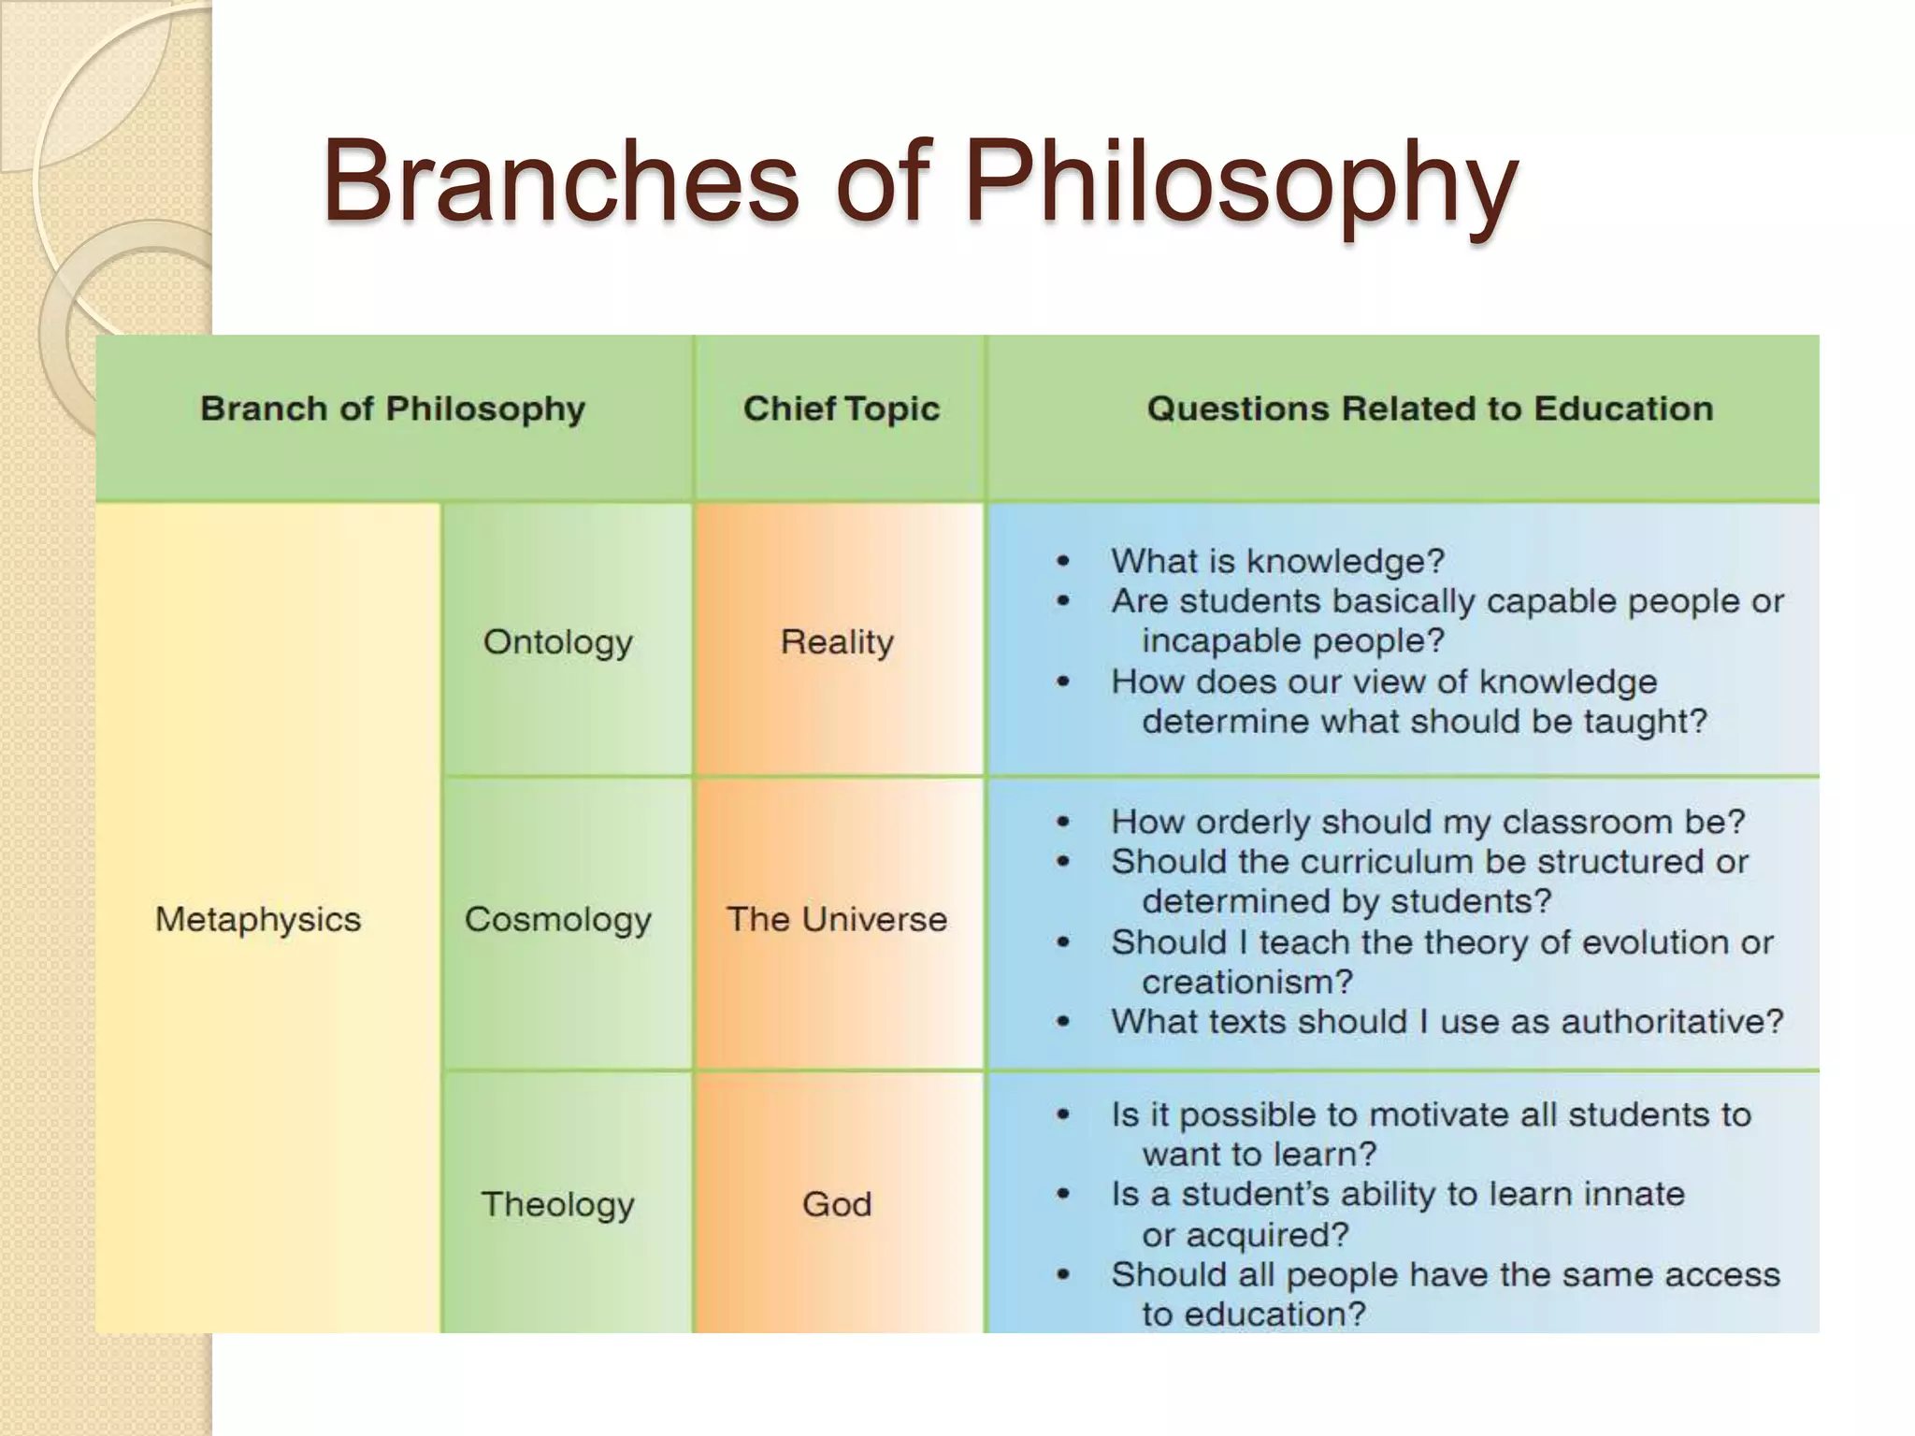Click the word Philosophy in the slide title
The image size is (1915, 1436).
1240,182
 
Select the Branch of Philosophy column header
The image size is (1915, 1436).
393,409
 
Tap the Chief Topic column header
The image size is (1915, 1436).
841,409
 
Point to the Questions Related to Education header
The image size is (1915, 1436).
1430,409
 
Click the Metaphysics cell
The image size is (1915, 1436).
258,919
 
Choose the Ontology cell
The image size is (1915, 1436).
558,641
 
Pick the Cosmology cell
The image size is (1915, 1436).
558,919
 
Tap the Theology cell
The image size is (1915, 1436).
558,1204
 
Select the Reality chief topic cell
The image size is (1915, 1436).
837,641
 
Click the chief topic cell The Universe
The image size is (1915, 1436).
837,919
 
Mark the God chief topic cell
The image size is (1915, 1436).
837,1204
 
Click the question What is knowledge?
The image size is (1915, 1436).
1277,561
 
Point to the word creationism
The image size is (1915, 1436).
1246,982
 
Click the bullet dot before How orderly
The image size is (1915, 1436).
1063,823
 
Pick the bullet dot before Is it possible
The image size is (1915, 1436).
1063,1115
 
